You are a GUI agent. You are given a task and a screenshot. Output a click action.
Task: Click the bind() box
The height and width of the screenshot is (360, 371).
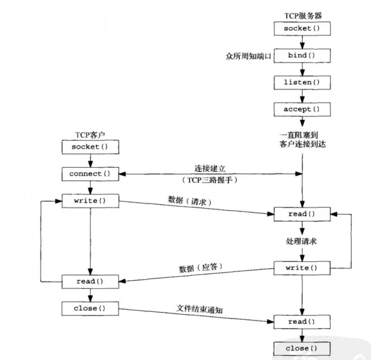pos(302,56)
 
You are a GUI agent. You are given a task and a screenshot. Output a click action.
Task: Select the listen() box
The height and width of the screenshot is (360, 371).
pos(302,82)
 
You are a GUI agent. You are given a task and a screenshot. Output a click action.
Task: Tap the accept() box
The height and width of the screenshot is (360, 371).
pos(302,110)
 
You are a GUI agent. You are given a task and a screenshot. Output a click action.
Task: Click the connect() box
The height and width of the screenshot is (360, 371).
pos(90,174)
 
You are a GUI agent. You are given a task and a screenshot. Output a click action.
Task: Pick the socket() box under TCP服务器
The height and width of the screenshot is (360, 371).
pos(302,29)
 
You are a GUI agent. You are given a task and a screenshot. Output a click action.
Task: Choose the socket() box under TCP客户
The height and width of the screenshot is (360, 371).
pos(90,147)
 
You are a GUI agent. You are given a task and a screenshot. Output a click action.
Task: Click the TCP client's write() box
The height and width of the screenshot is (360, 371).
pos(90,202)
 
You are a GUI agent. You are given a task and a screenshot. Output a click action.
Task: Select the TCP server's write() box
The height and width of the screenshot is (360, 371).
pos(302,268)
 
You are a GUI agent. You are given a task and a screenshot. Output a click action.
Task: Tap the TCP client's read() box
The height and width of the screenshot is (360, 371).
pos(90,281)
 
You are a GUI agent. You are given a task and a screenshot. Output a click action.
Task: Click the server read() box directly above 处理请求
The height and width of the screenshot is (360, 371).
pos(302,214)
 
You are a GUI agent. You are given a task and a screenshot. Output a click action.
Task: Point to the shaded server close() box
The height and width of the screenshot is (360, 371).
pos(302,348)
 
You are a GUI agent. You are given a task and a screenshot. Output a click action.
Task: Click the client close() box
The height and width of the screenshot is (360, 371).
pos(90,308)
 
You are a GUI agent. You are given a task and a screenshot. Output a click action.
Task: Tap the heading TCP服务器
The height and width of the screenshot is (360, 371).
pos(302,16)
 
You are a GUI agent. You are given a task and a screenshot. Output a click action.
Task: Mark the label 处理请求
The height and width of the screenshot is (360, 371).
pos(301,241)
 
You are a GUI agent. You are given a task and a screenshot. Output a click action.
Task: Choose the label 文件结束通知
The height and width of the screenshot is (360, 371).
pos(199,309)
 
